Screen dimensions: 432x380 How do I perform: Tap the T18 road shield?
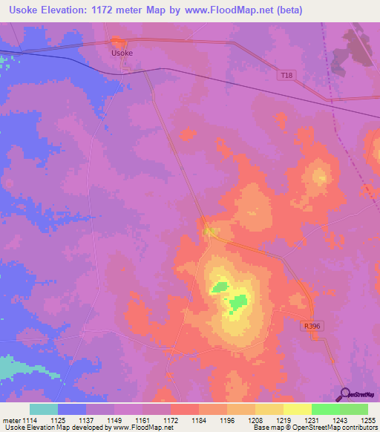[287, 75]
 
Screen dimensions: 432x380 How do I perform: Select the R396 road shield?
[312, 325]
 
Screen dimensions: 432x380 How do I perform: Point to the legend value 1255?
[369, 420]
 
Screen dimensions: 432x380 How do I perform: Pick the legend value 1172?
[171, 420]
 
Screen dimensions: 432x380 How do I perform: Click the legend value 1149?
[114, 420]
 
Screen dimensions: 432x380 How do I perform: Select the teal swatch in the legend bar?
[44, 409]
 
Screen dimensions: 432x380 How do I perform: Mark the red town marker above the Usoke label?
[117, 42]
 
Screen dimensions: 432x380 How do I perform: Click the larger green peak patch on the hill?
[237, 302]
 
